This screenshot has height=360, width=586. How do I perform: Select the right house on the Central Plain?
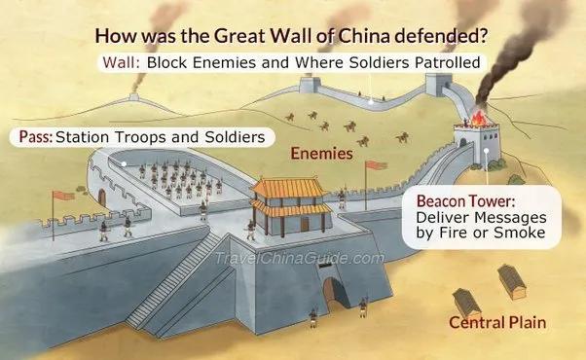[512, 280]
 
